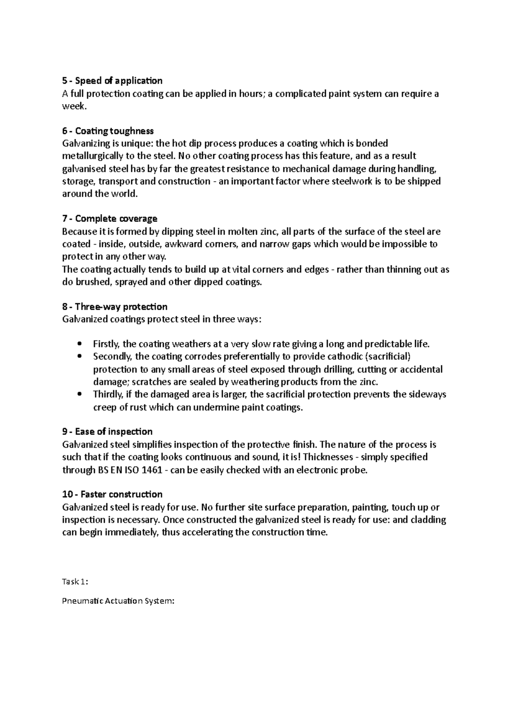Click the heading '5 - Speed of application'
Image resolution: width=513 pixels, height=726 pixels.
tap(112, 81)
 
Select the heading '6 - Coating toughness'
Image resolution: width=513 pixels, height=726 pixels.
tap(108, 131)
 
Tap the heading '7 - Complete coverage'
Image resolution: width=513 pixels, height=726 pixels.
tap(109, 219)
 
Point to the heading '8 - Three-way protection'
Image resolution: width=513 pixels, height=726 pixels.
tap(115, 307)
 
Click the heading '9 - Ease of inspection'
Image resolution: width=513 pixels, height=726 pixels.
tap(107, 432)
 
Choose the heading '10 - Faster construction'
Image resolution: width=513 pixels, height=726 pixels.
tap(112, 495)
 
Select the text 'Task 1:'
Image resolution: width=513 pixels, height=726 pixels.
tap(75, 582)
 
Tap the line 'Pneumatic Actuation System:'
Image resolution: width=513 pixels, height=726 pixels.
tap(118, 601)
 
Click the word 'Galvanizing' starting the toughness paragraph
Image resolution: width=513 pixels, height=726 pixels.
tap(84, 144)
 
